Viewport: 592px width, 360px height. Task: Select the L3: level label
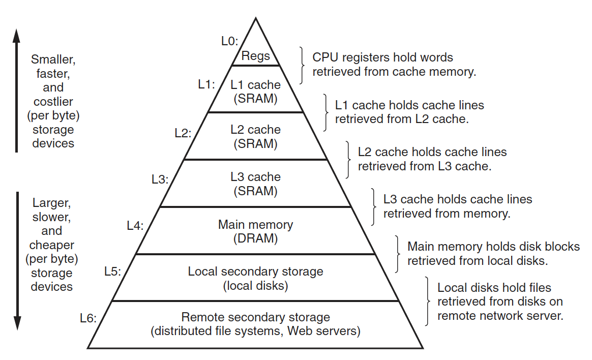pos(160,179)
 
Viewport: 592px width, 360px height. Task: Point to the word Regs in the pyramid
pos(256,56)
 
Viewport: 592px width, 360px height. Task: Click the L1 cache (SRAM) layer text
pos(255,92)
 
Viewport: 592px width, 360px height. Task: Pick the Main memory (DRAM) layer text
pos(255,231)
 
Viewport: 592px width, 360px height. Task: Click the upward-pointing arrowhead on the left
pos(16,37)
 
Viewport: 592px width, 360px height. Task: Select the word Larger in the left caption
pos(52,203)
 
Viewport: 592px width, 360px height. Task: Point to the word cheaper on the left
pos(52,245)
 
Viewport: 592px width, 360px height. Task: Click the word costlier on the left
pos(53,101)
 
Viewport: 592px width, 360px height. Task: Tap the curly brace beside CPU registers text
pos(303,65)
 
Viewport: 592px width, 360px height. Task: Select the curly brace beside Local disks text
pos(429,301)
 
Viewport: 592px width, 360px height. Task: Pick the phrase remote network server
pos(500,315)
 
